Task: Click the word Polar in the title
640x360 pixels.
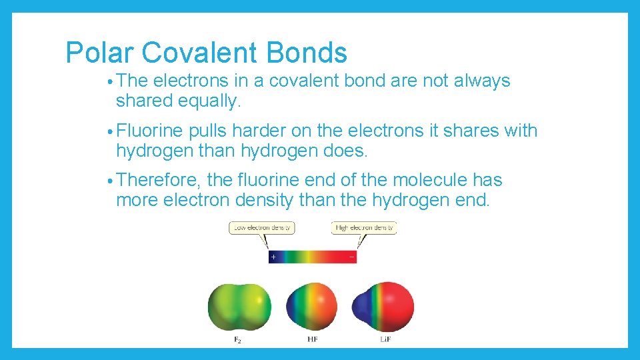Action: (x=99, y=53)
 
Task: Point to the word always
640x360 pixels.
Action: (x=482, y=81)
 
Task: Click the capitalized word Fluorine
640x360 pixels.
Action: (x=150, y=131)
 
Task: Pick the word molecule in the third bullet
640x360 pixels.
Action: (x=420, y=181)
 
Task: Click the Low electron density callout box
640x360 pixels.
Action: (x=262, y=228)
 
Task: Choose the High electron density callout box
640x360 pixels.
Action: (x=364, y=228)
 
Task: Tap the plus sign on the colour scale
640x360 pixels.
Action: (x=273, y=257)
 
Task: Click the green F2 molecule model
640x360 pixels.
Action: (x=239, y=308)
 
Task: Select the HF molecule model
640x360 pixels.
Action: (x=311, y=308)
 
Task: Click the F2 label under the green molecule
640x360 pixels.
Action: (x=237, y=340)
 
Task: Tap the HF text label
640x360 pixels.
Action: (x=312, y=340)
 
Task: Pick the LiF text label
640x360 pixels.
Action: (x=385, y=340)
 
